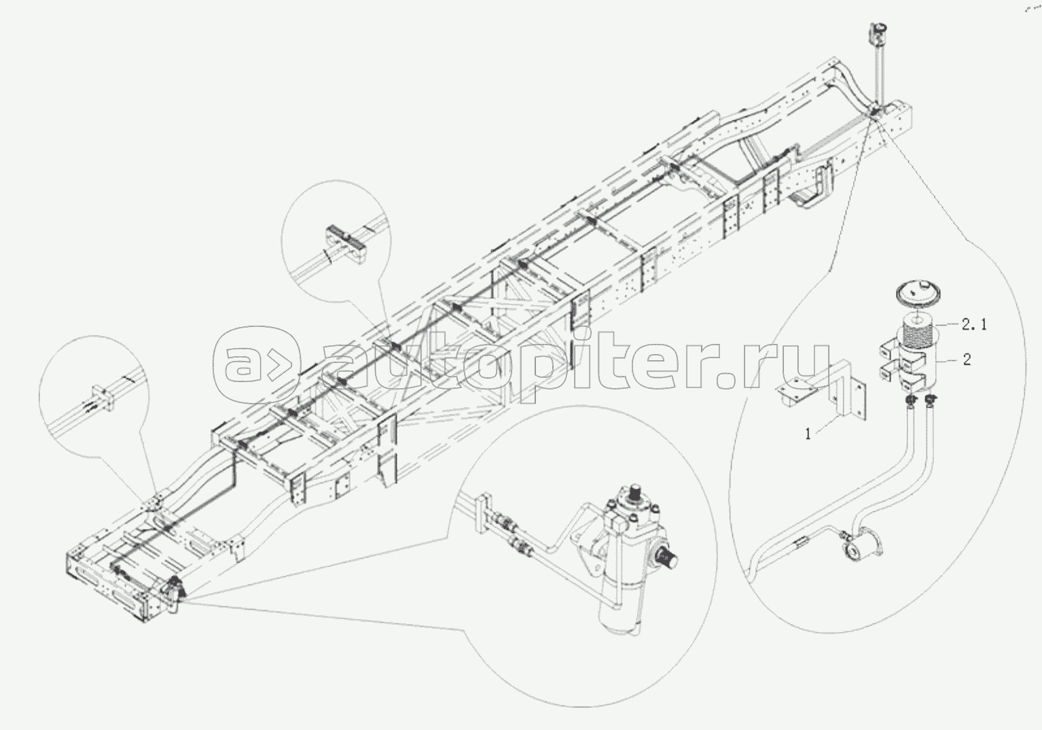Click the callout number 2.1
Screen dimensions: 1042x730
(974, 325)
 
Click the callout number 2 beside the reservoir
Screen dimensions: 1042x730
(967, 360)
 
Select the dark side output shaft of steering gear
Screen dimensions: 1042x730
(669, 558)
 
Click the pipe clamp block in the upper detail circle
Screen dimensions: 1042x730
(347, 244)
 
